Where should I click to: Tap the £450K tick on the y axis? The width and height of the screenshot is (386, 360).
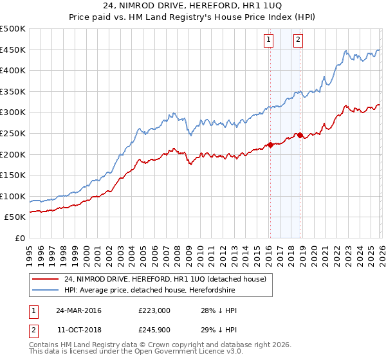click(x=13, y=50)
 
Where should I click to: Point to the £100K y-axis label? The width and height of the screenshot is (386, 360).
click(x=13, y=196)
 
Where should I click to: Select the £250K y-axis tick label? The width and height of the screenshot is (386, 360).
click(x=13, y=133)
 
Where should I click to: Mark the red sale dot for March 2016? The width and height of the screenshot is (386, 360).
click(x=270, y=145)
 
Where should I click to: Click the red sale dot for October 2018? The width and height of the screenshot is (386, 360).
click(x=299, y=135)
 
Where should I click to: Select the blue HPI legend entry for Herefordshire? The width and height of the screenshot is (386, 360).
click(x=149, y=291)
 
